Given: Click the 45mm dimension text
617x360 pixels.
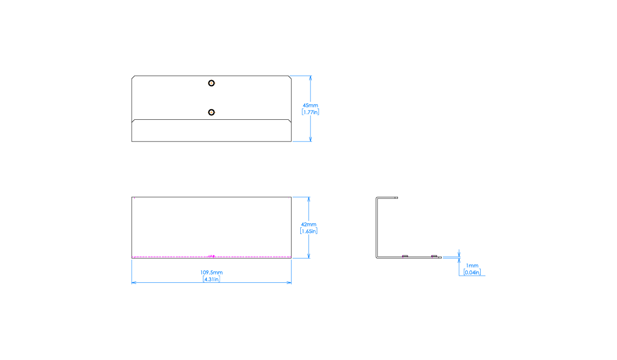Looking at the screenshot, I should point(311,105).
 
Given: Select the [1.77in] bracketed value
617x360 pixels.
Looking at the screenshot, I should point(311,112).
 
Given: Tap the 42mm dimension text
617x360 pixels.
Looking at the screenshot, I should point(308,225).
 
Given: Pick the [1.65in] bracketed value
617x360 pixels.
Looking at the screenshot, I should point(308,231).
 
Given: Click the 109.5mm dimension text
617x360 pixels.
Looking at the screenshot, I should point(211,273).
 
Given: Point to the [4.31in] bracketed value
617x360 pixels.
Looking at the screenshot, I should point(211,279).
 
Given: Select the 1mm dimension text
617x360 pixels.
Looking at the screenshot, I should point(472,266).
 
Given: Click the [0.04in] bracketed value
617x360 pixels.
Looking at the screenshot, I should point(472,272).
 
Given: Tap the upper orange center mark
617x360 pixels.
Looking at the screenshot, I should point(211,83).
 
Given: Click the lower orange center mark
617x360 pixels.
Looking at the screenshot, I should point(211,112).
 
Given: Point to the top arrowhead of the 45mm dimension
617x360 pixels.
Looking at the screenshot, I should point(311,79).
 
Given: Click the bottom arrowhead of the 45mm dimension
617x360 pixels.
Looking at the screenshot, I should point(311,138).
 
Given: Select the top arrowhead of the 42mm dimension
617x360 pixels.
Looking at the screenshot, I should point(308,200).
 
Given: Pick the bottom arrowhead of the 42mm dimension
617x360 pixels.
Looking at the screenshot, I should point(308,255).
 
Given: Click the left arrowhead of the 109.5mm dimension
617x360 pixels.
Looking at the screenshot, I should point(134,282).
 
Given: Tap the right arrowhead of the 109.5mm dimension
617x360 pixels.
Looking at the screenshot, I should point(289,282).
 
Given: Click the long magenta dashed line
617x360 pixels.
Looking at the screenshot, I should point(170,257).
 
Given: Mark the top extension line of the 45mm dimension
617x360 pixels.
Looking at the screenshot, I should point(300,76).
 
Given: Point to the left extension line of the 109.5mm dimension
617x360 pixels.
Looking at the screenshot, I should point(132,270).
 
